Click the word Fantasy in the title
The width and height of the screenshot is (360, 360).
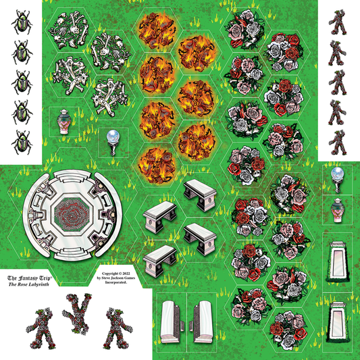pos(28,278)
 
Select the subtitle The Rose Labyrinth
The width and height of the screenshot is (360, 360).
pos(28,284)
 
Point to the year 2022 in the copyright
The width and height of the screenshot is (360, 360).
pos(126,274)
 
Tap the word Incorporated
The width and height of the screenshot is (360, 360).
pos(116,282)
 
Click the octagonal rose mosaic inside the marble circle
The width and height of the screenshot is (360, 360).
pos(72,214)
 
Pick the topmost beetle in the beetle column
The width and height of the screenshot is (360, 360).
pos(22,22)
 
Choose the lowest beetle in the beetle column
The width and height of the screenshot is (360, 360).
pos(22,143)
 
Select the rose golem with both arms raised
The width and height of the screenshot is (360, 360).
pos(77,313)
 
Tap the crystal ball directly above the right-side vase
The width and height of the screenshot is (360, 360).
pos(338,180)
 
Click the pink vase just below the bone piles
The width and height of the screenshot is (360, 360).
pos(63,122)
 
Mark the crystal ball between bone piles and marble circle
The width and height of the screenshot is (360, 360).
pos(113,143)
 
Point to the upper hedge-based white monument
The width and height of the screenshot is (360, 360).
pos(338,262)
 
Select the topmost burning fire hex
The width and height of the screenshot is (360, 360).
pos(157,30)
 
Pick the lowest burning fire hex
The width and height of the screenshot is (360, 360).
pos(157,165)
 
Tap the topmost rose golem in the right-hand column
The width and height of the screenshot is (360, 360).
pos(338,22)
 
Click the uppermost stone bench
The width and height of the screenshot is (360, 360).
pos(200,195)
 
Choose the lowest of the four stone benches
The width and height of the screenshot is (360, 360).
pos(160,261)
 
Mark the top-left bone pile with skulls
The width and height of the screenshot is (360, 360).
pos(68,30)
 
